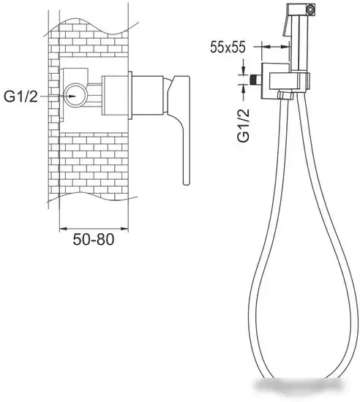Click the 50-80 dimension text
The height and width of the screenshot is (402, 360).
tap(93, 240)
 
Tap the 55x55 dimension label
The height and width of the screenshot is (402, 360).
tap(228, 48)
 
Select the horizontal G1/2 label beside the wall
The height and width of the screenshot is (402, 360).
tap(20, 97)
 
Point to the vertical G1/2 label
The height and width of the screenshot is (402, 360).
tap(244, 126)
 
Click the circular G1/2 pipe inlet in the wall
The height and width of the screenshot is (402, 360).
tap(76, 95)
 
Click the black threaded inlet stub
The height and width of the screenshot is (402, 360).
tap(255, 79)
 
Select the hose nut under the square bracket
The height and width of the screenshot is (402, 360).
tap(286, 95)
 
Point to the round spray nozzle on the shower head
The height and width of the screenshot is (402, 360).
tap(311, 10)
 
